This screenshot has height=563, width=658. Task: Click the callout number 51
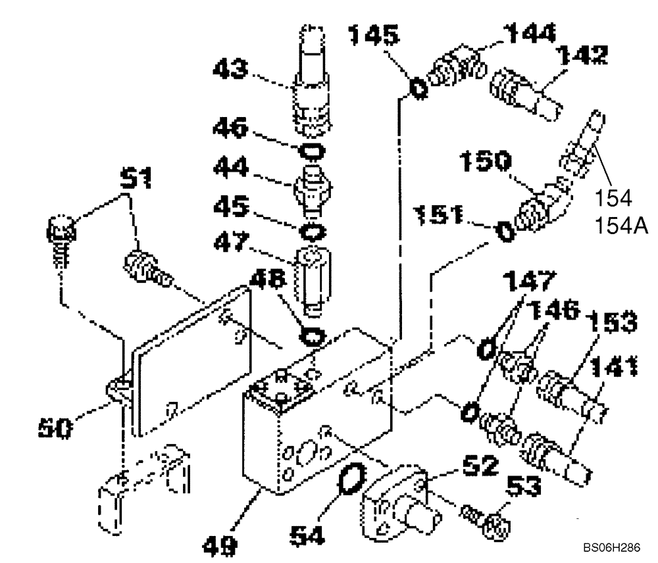136,178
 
